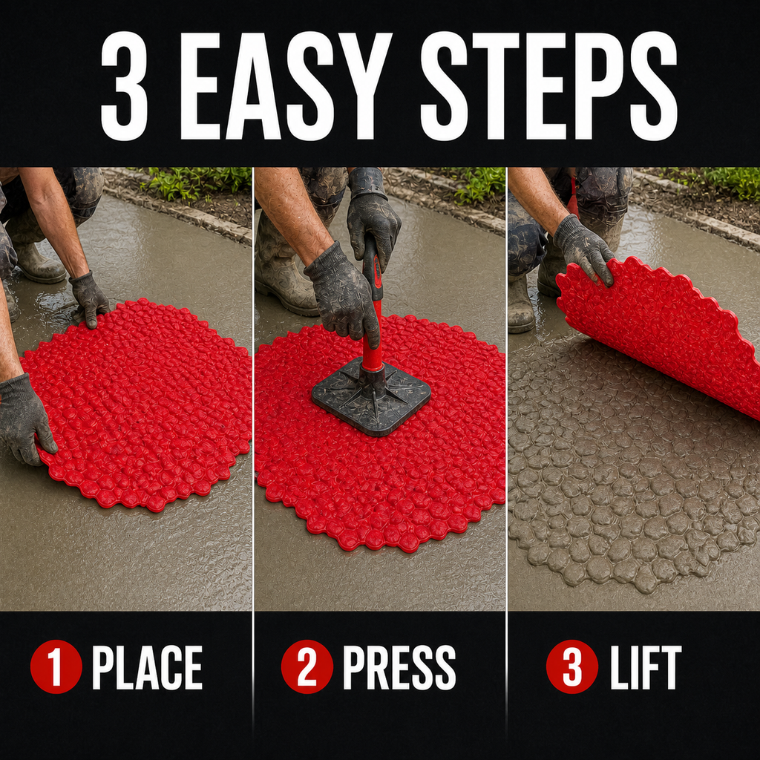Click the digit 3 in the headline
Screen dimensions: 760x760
pyautogui.click(x=124, y=86)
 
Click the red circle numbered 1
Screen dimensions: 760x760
pyautogui.click(x=56, y=667)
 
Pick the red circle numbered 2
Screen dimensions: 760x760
pyautogui.click(x=307, y=667)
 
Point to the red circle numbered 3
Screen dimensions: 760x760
pyautogui.click(x=572, y=667)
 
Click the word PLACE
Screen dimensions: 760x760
pyautogui.click(x=148, y=667)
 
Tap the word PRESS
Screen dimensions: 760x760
pyautogui.click(x=399, y=667)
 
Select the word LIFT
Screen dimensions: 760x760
pyautogui.click(x=646, y=667)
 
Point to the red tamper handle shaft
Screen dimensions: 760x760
pyautogui.click(x=373, y=310)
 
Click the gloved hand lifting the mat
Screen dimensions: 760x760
pyautogui.click(x=583, y=249)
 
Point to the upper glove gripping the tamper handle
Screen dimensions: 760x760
pyautogui.click(x=373, y=217)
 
